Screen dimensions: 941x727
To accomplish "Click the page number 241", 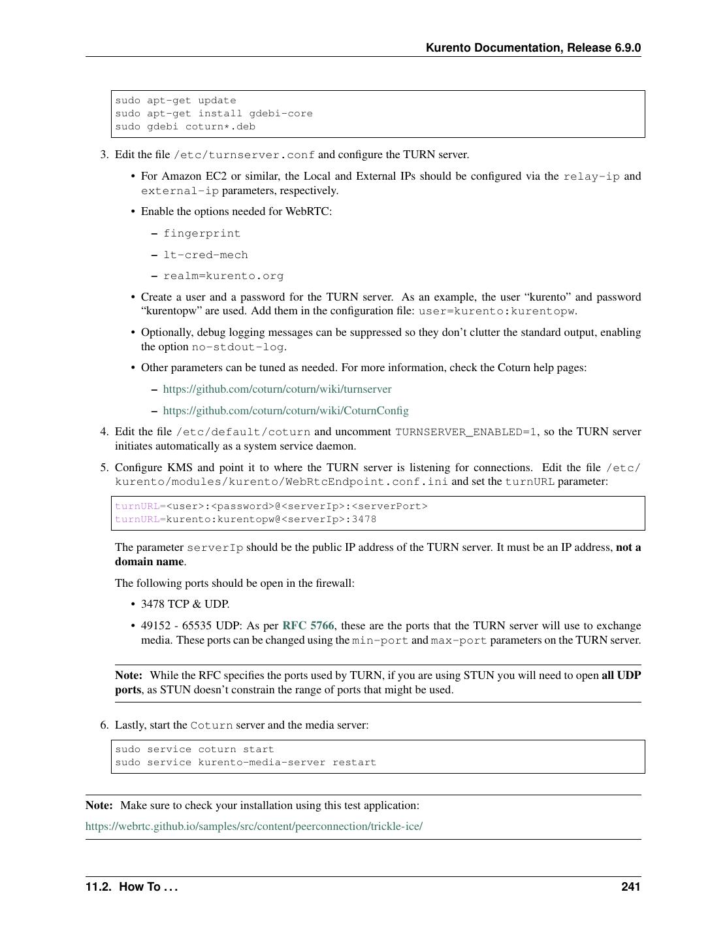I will pyautogui.click(x=630, y=887).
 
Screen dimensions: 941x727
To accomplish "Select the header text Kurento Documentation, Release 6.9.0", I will pyautogui.click(x=533, y=48).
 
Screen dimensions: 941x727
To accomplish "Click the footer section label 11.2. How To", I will pyautogui.click(x=131, y=887).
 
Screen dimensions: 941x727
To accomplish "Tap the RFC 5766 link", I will pyautogui.click(x=308, y=625).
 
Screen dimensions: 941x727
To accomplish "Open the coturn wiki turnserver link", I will pyautogui.click(x=277, y=389).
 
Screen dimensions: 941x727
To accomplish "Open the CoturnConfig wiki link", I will pyautogui.click(x=285, y=411).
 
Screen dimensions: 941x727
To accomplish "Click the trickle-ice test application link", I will pyautogui.click(x=253, y=827).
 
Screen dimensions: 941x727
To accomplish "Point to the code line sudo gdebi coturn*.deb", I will pyautogui.click(x=185, y=127).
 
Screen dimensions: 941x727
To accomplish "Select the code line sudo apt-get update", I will pyautogui.click(x=175, y=101).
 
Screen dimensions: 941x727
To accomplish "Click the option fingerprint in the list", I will pyautogui.click(x=202, y=234).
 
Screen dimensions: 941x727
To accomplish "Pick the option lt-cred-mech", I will pyautogui.click(x=205, y=256).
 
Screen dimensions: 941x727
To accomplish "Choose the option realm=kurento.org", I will pyautogui.click(x=223, y=276).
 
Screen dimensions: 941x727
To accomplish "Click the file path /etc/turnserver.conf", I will pyautogui.click(x=244, y=156).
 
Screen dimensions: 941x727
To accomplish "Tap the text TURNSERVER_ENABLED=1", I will pyautogui.click(x=466, y=432).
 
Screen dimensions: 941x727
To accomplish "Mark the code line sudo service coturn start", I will pyautogui.click(x=194, y=750).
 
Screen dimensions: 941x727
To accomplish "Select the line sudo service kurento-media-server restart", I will pyautogui.click(x=246, y=763).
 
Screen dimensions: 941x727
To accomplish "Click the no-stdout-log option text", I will pyautogui.click(x=238, y=347).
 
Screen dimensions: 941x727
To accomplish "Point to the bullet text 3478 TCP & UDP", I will pyautogui.click(x=185, y=604).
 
